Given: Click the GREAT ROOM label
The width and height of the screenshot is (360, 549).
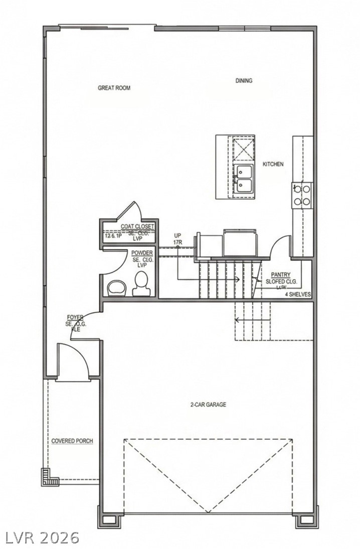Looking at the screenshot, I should tap(114, 88).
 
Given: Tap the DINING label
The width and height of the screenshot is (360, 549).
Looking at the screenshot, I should tap(244, 80).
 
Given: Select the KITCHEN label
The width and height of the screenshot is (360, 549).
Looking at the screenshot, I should tap(273, 164).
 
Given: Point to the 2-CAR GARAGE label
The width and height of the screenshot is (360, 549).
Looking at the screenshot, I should tap(208, 404).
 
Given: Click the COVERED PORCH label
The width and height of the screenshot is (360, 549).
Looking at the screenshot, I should tap(72, 441).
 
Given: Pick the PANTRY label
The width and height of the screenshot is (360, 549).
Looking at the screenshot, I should tap(280, 274).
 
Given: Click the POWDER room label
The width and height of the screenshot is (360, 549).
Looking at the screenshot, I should tap(142, 253).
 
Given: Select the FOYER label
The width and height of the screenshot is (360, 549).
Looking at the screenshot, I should tap(76, 318).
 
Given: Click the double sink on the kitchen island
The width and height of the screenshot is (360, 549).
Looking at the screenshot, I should tap(244, 179).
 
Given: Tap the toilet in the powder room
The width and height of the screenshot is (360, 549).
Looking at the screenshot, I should tap(141, 284).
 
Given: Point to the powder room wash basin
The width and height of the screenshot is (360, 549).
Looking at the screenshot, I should tap(118, 287).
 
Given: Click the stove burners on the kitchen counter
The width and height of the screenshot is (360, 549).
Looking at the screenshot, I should tap(302, 195).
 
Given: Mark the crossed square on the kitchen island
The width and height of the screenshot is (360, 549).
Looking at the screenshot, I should tap(244, 149).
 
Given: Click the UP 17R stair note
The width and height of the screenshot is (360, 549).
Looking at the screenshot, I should tap(177, 239).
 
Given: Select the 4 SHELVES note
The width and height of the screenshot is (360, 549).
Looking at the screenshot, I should tap(298, 294).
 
